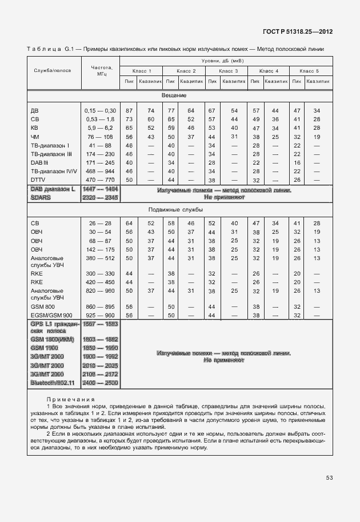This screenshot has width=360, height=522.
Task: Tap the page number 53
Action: pos(329,478)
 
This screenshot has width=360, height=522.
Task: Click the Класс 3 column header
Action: pos(229,71)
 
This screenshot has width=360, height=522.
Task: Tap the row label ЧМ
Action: pos(35,137)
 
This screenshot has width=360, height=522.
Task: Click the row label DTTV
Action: pos(38,180)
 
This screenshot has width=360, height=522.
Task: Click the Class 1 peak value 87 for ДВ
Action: pos(129,110)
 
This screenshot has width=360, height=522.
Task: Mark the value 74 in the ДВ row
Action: pos(151,110)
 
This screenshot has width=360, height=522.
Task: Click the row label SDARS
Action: pos(42,197)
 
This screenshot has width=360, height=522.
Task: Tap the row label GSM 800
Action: pos(43,306)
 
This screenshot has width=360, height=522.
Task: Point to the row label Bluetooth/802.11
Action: pos(54,382)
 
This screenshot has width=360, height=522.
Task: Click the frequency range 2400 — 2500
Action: pos(101,382)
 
